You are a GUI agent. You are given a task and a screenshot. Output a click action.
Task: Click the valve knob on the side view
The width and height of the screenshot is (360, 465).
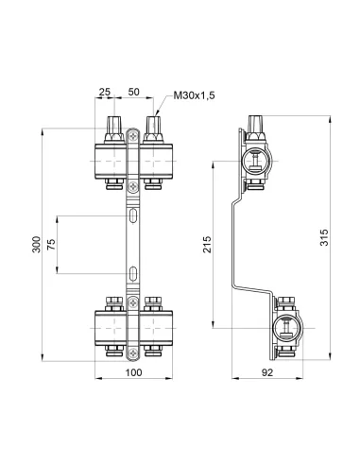(x=257, y=123)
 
